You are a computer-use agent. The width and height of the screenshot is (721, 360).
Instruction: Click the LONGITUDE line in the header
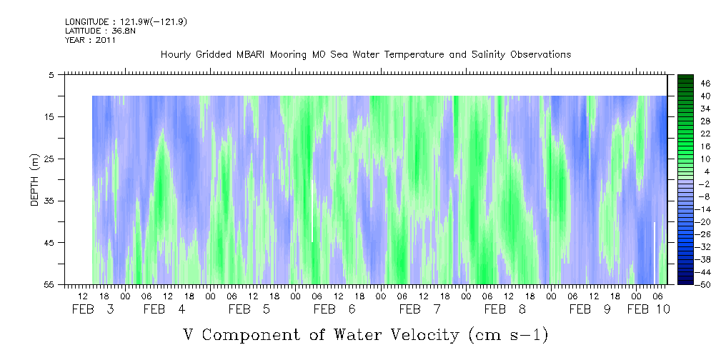[x=126, y=22]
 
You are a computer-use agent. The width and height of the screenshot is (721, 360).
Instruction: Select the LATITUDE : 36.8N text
[x=100, y=31]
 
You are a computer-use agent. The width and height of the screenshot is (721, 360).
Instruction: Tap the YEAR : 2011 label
[x=91, y=40]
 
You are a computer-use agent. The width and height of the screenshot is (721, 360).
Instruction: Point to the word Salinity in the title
[x=488, y=55]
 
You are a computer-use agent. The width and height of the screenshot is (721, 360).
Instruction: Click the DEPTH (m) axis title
[x=36, y=180]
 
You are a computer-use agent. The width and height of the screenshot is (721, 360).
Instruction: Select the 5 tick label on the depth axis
[x=50, y=75]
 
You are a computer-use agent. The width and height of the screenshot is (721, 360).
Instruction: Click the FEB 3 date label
[x=93, y=309]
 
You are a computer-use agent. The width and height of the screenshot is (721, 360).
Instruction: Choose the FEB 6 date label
[x=334, y=309]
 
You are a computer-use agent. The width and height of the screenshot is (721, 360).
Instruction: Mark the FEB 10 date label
[x=649, y=309]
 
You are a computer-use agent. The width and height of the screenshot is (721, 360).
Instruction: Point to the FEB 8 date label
[x=505, y=309]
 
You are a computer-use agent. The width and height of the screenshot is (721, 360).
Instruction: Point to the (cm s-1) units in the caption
[x=508, y=336]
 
